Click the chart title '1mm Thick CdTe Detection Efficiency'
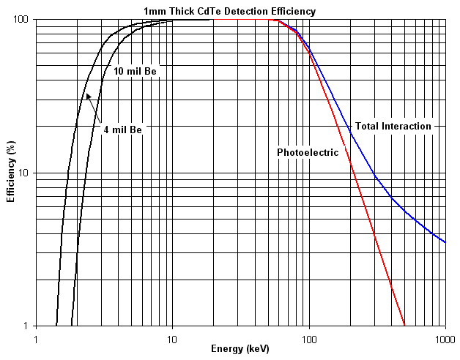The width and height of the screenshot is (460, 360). point(230,11)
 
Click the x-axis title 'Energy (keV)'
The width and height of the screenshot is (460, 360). point(240,349)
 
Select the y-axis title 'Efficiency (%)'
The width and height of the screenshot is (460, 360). point(11,173)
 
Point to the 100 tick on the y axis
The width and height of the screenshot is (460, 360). point(20,20)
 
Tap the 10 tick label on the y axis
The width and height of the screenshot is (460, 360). point(22,173)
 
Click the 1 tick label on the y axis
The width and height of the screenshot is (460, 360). point(25,326)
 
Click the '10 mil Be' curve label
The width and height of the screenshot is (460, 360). point(136,72)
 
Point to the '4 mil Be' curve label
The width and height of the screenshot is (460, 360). point(122,130)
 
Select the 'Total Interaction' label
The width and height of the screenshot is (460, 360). point(393,126)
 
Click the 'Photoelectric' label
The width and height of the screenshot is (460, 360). point(308,152)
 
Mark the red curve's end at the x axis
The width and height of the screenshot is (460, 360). point(404,325)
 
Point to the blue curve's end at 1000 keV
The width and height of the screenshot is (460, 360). point(445,241)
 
